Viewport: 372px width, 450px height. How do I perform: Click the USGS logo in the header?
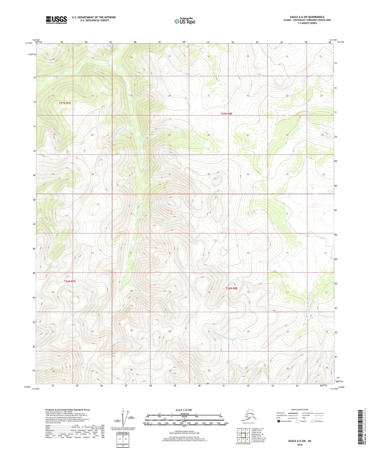[56, 20]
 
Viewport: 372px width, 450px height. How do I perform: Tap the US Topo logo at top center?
[184, 21]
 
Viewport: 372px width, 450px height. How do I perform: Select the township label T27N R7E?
[65, 103]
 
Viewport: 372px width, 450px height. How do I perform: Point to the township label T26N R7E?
[70, 281]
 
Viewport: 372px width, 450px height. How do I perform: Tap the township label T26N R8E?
[231, 288]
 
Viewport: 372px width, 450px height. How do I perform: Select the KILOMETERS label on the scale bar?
[184, 414]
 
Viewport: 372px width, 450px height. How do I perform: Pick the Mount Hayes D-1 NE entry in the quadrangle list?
[258, 438]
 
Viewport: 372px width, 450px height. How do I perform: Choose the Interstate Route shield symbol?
[279, 421]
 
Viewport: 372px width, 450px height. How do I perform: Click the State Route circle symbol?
[313, 421]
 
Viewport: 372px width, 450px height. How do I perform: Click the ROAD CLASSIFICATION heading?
[300, 410]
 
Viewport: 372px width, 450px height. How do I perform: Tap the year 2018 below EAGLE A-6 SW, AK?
[300, 445]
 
